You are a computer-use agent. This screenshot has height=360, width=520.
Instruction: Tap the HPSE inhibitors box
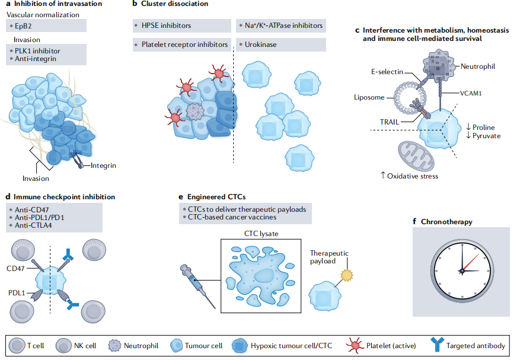181,26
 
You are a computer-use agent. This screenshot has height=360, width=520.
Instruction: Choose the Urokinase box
280,44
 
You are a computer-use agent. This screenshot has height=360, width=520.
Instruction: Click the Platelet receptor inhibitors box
181,44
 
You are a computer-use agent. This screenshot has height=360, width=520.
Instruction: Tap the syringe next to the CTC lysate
197,284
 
